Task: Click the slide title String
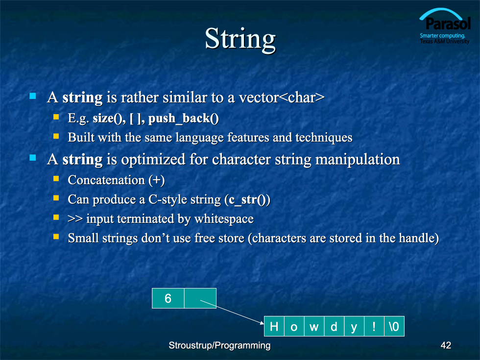pos(240,40)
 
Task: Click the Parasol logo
pos(445,26)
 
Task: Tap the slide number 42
pos(446,345)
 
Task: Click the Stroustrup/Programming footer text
pos(219,345)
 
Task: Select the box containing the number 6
pos(168,298)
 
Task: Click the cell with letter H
pos(274,326)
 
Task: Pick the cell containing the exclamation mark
pos(374,326)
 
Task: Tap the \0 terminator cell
pos(394,326)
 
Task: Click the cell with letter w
pos(314,326)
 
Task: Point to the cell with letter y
pos(354,326)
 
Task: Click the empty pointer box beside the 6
pos(200,298)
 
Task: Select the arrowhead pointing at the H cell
pos(262,322)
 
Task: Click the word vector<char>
pos(282,97)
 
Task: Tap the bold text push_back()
pos(183,119)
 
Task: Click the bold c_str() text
pos(247,200)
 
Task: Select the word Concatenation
pos(106,180)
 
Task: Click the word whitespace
pos(224,219)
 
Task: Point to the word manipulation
pos(358,160)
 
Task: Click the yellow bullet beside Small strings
pos(56,236)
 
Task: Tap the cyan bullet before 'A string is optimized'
pos(33,158)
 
